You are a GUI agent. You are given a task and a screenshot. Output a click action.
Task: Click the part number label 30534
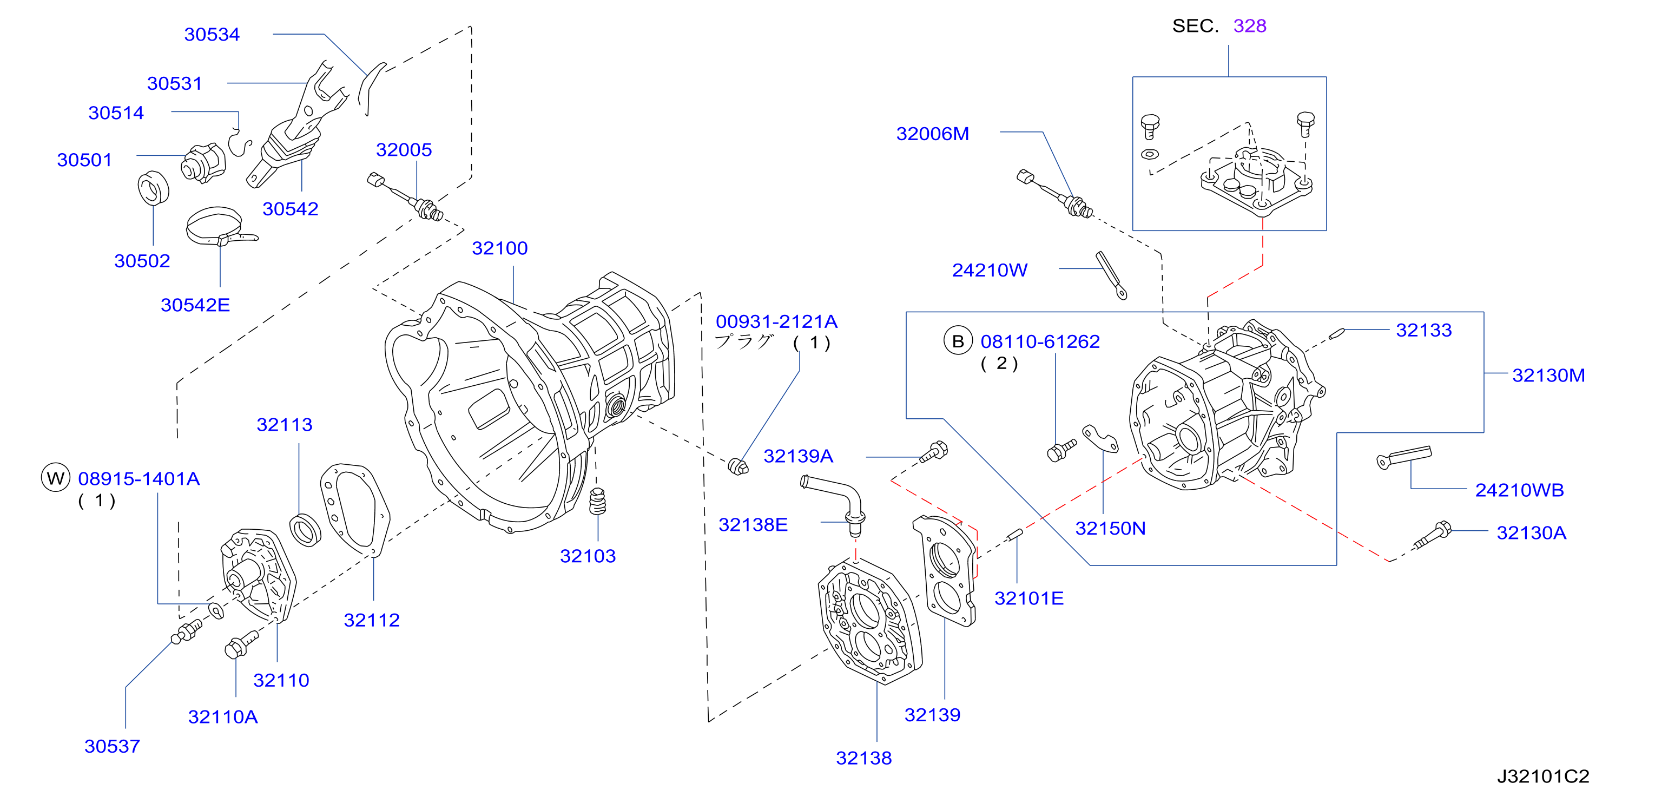212,34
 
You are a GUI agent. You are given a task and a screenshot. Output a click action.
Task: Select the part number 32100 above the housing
499,248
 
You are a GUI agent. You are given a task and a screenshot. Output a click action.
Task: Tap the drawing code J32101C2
1542,776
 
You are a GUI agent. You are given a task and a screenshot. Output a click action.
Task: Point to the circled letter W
55,478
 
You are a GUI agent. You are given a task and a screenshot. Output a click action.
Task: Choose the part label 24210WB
1519,490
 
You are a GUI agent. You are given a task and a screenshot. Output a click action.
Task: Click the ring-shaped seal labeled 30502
153,188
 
